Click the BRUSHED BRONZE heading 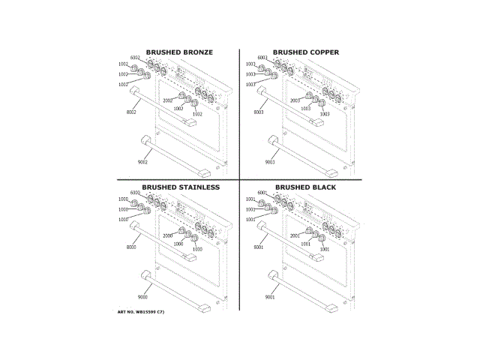point(179,52)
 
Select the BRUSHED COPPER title point(305,52)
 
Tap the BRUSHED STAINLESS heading point(181,187)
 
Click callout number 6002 point(135,58)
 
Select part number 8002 point(131,112)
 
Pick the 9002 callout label point(142,162)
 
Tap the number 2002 point(167,100)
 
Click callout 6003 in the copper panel point(262,58)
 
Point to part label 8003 point(259,112)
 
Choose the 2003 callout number point(295,100)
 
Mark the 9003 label point(270,162)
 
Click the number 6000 point(135,193)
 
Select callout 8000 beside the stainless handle point(131,247)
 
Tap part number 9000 point(142,297)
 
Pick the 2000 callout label point(167,235)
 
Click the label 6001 point(262,193)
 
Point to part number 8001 point(259,247)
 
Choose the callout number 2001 point(295,235)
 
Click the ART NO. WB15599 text point(140,311)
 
